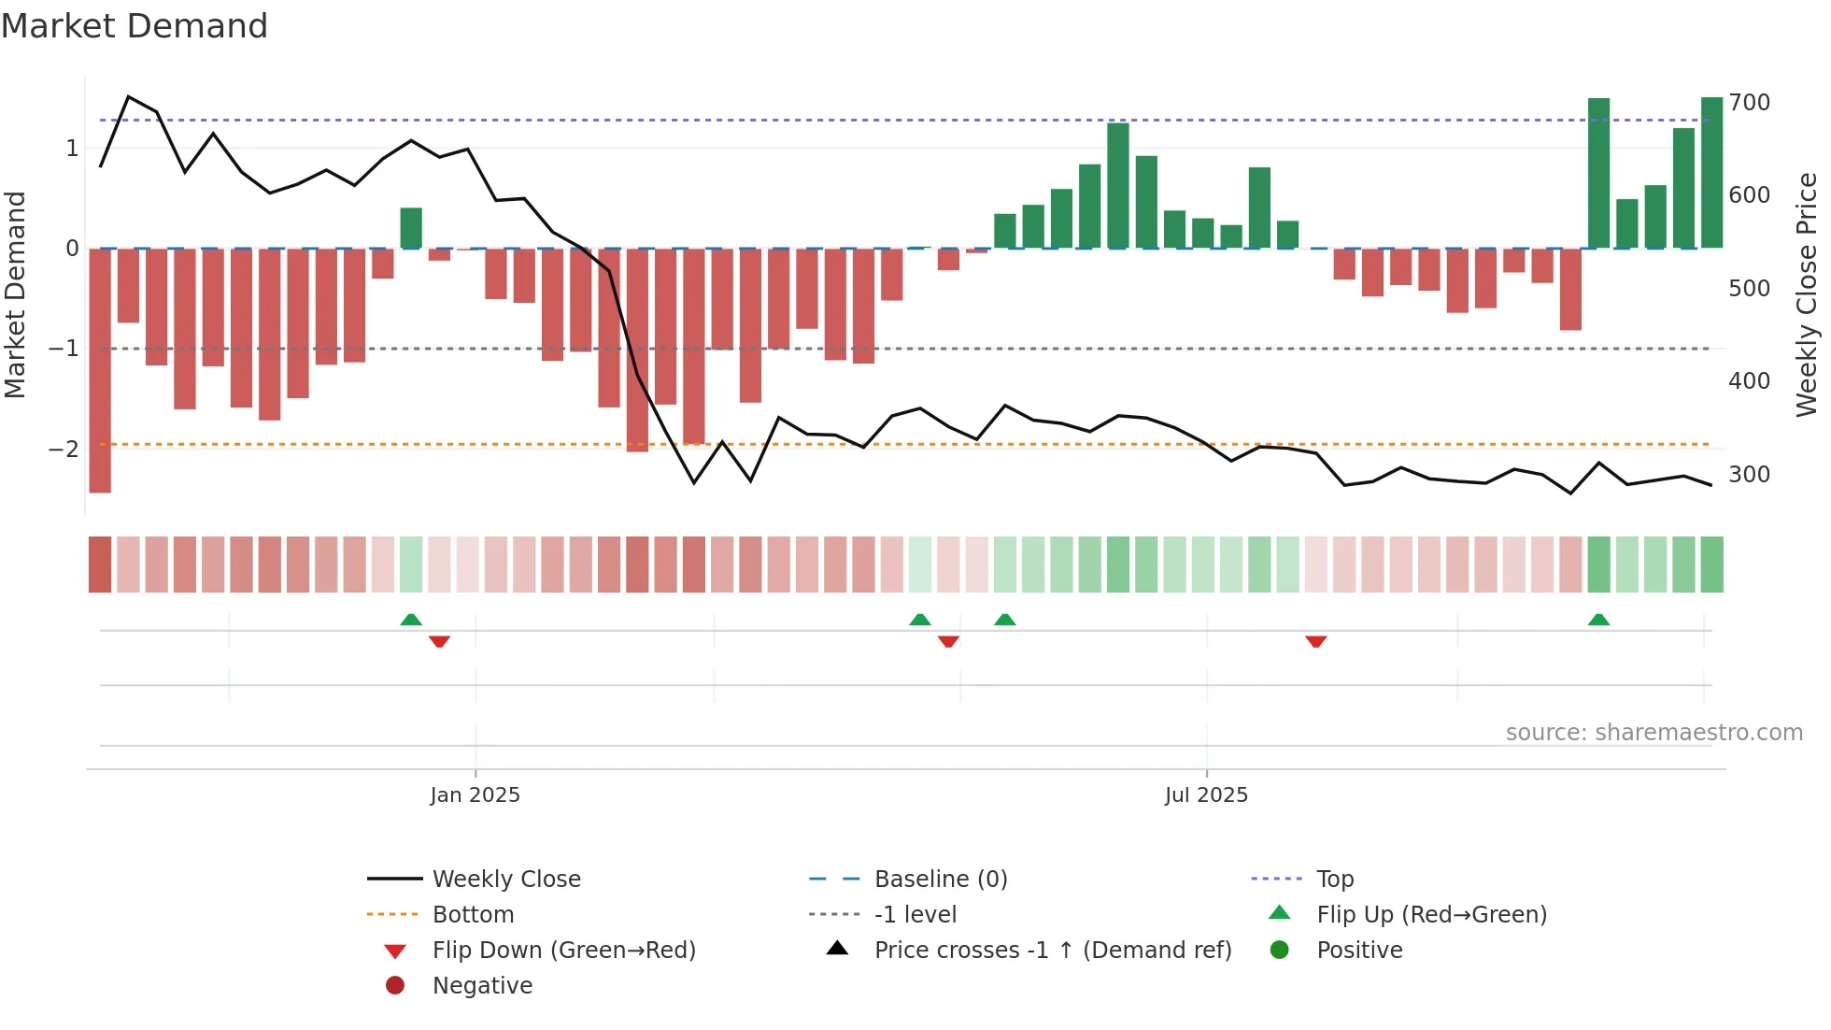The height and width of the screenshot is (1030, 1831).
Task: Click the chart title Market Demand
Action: (x=135, y=26)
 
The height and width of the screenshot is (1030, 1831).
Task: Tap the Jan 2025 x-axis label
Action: (x=475, y=795)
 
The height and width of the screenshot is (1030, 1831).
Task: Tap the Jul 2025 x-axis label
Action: (x=1206, y=795)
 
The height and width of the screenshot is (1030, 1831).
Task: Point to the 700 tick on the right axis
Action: (x=1749, y=103)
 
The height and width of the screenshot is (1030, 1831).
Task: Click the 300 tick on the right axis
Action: (x=1749, y=475)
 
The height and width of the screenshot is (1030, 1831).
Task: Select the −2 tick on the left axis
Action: (x=64, y=450)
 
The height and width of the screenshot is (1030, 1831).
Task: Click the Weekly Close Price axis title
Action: (x=1807, y=294)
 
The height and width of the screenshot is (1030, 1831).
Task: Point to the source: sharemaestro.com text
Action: (x=1654, y=733)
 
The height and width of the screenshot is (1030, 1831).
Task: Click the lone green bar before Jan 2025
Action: (x=411, y=228)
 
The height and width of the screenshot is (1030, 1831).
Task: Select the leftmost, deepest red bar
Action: (x=100, y=370)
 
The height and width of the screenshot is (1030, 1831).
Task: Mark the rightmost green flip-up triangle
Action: (x=1598, y=620)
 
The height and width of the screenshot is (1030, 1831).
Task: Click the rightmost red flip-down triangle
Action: (x=1315, y=641)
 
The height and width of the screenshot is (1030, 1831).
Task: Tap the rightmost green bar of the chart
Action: (x=1711, y=173)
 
